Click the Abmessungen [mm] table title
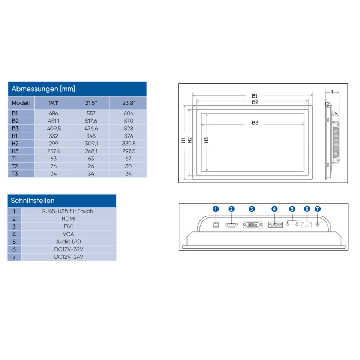point(43,89)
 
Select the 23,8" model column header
point(128,103)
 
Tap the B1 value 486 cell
point(53,113)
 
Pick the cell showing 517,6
point(91,121)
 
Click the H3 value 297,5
point(128,151)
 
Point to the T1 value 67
point(128,159)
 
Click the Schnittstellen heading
point(33,201)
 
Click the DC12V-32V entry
point(69,249)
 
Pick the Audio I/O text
point(68,241)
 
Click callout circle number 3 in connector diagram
point(252,209)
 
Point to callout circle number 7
point(318,209)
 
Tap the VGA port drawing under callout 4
point(275,225)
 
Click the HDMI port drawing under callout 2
point(231,225)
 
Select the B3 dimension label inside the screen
point(255,123)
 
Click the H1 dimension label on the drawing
point(183,140)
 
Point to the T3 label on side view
point(334,112)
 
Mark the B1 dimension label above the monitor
point(255,96)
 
